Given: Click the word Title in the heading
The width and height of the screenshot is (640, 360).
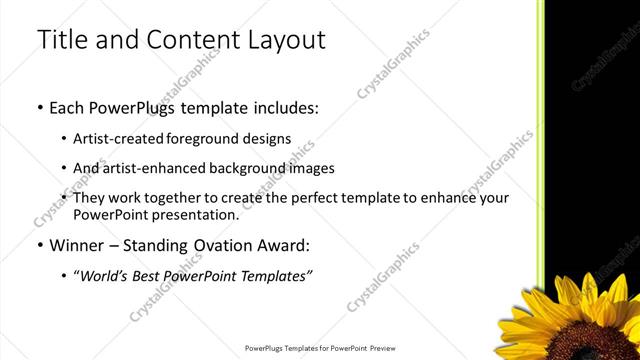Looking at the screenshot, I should click(x=61, y=41).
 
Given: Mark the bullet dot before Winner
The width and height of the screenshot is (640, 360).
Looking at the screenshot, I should click(x=39, y=245).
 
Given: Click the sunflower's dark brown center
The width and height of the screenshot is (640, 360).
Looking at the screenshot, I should click(x=600, y=335).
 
